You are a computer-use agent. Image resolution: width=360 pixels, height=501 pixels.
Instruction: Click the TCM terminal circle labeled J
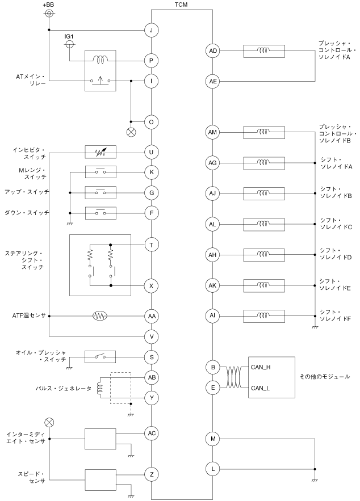pos(152,30)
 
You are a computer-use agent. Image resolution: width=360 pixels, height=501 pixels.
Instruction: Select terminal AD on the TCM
pos(212,51)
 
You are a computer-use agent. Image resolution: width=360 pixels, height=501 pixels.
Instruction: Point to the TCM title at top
pos(182,5)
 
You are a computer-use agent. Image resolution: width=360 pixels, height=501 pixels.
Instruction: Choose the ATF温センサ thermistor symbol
pos(100,315)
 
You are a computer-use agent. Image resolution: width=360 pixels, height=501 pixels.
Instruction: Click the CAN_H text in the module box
pos(260,368)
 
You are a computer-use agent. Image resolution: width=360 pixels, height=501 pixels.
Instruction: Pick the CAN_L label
pos(260,388)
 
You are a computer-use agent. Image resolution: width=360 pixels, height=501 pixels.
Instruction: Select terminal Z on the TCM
pos(152,474)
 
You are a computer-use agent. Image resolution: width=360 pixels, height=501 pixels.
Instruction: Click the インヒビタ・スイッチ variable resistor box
pos(100,152)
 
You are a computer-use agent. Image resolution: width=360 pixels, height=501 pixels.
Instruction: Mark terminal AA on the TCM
pos(152,315)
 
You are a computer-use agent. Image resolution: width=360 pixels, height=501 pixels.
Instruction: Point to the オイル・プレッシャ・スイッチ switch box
pos(100,356)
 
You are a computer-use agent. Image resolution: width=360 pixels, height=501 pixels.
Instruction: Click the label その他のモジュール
pos(324,377)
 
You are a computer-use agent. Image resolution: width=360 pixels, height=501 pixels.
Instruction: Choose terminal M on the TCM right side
pos(212,439)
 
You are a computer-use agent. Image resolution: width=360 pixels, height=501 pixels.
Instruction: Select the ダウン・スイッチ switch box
pos(100,213)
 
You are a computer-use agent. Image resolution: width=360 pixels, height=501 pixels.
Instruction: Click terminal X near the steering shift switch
pos(152,285)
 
